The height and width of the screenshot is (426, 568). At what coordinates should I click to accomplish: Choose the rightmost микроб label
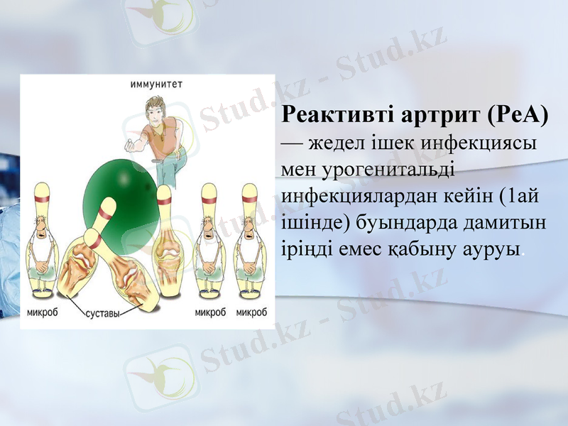[252, 312]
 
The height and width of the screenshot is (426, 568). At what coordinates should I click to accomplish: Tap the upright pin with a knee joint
[166, 245]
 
